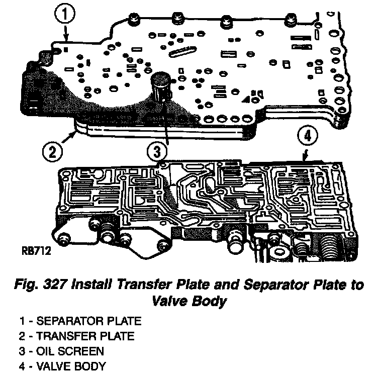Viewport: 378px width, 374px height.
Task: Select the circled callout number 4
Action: [309, 135]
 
